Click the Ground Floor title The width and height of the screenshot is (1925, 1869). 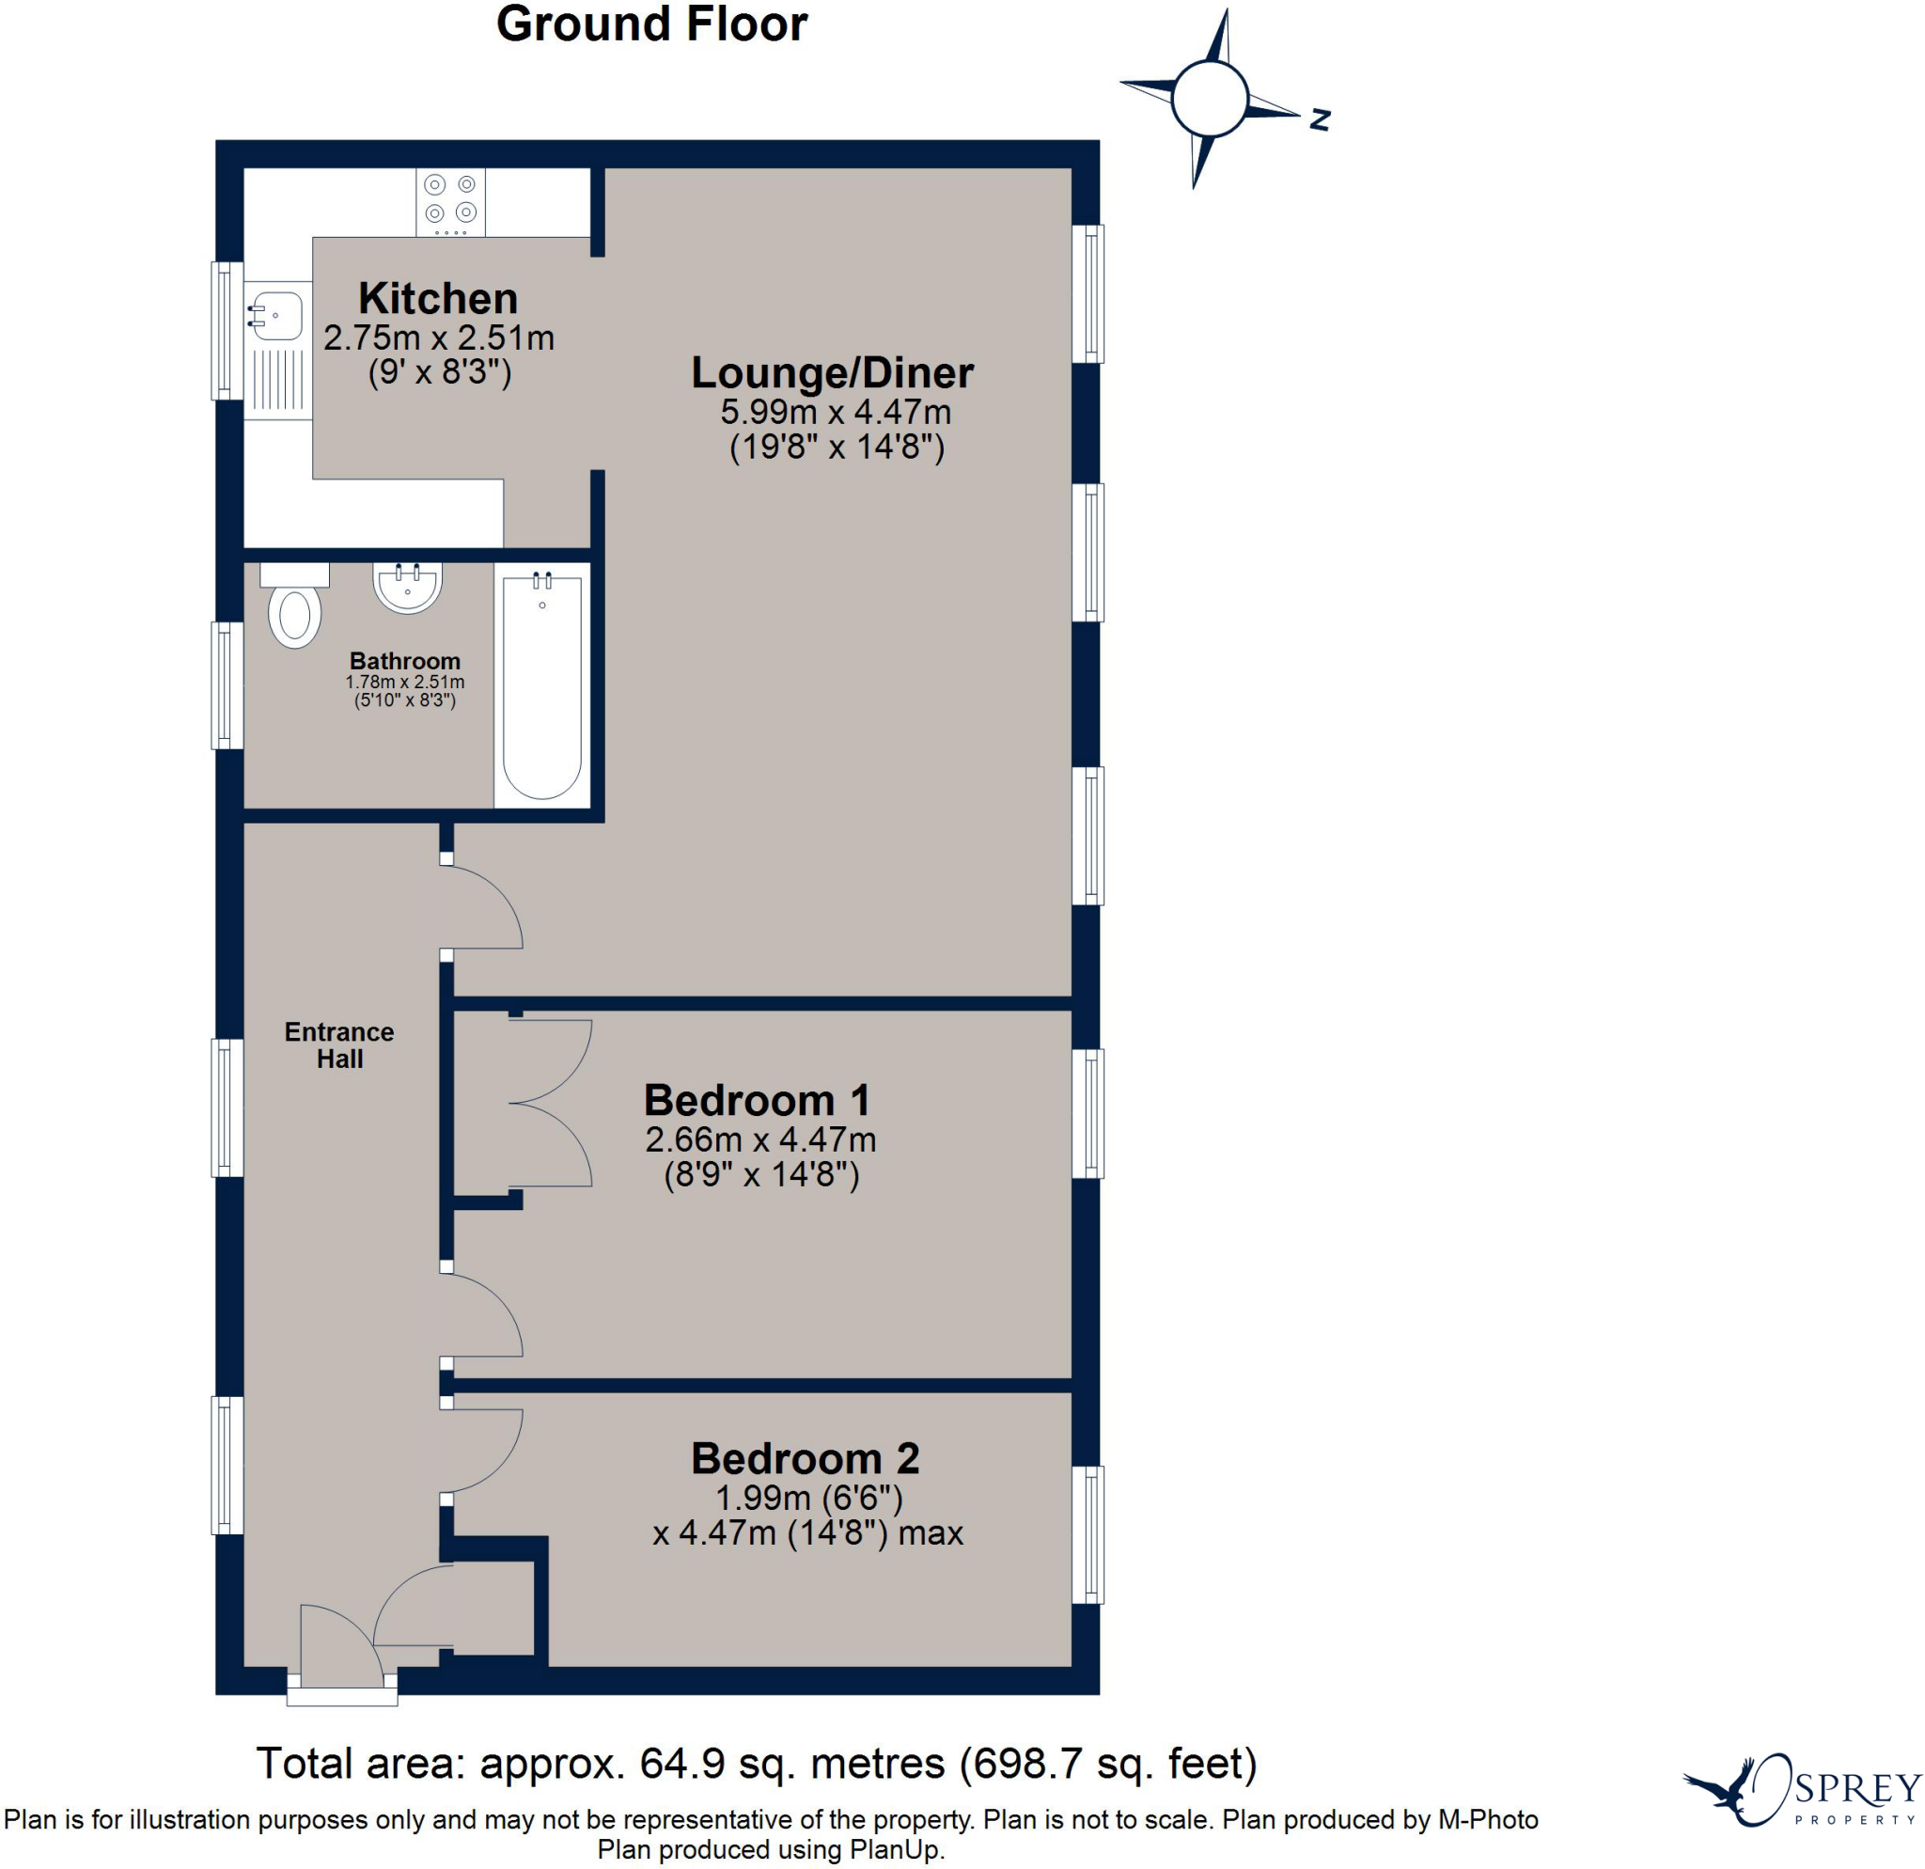[651, 24]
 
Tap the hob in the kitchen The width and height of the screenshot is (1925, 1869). [451, 202]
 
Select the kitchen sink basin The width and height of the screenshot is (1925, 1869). [278, 315]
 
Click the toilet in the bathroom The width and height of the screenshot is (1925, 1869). [294, 605]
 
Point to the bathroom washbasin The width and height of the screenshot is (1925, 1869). [408, 587]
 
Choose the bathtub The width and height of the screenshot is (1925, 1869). [542, 685]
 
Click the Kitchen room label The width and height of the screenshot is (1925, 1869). [438, 299]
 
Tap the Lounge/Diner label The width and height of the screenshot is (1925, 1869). [833, 372]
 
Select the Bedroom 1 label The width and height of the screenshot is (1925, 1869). [758, 1100]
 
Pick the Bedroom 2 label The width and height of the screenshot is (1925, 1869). [806, 1458]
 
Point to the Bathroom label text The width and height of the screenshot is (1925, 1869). [404, 661]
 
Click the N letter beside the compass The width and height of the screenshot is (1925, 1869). [1320, 119]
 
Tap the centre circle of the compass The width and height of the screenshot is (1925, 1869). [1210, 98]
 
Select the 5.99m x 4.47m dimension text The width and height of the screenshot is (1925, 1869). [836, 412]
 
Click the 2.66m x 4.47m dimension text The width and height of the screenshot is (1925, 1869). [761, 1139]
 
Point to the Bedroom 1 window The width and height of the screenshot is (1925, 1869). [1088, 1114]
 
